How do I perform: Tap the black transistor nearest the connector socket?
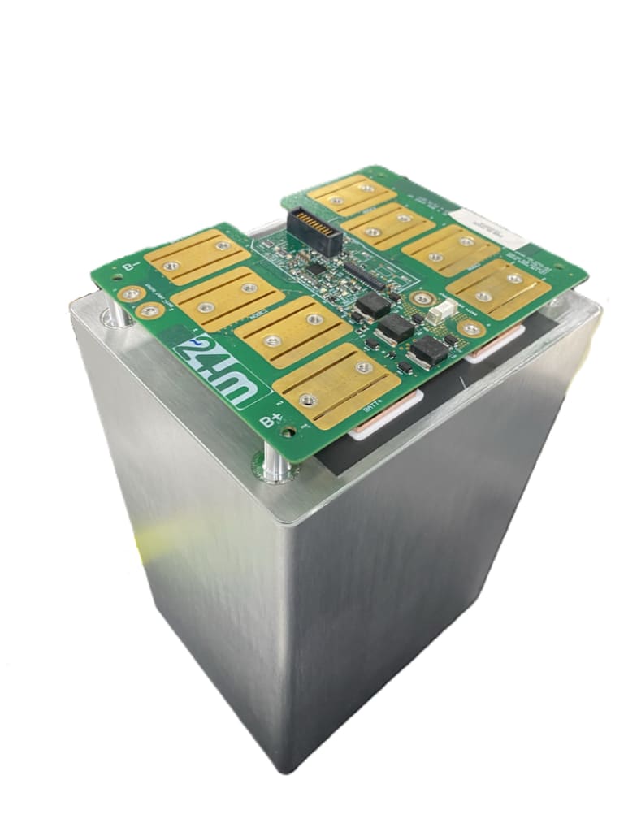374,304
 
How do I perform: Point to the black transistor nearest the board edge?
429,351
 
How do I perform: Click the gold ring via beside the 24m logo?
149,310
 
